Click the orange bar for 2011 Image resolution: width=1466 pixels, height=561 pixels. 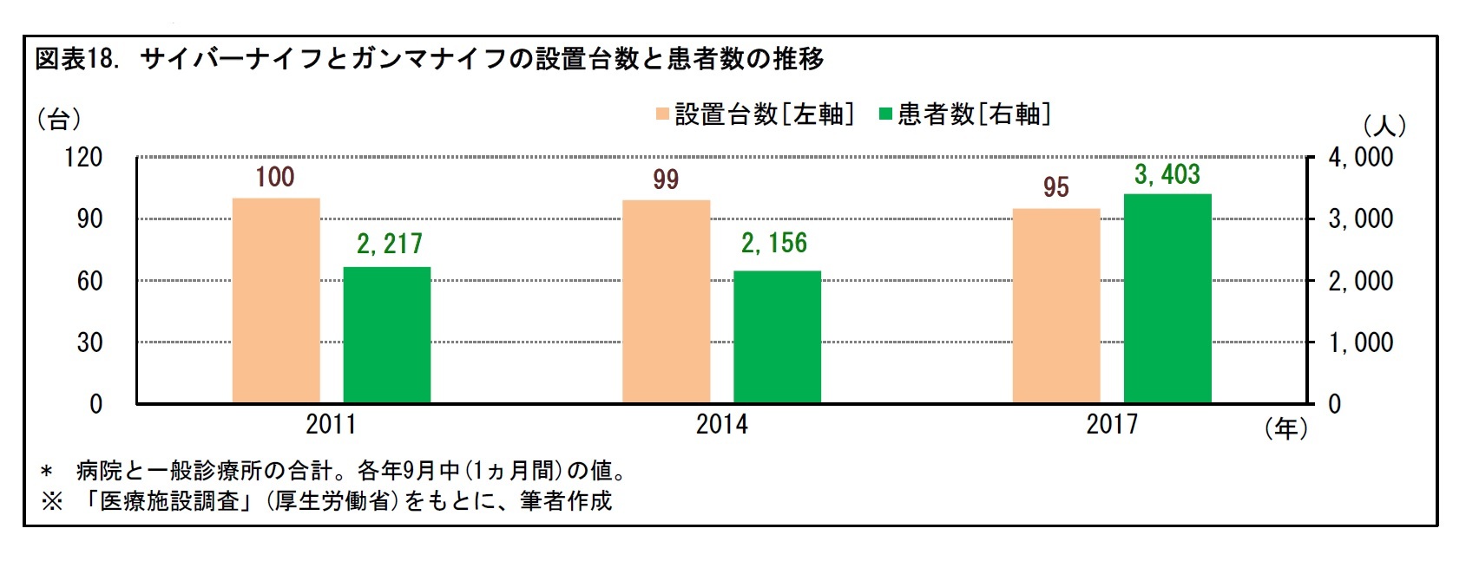click(276, 301)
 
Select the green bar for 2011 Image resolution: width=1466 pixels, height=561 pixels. click(387, 335)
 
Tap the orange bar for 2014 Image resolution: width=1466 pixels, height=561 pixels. click(666, 302)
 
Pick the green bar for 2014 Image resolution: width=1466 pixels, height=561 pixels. click(777, 337)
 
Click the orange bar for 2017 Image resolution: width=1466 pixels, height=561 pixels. click(1056, 306)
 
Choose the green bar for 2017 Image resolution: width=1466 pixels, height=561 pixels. click(1167, 298)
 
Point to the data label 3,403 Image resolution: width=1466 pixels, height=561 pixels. click(1167, 175)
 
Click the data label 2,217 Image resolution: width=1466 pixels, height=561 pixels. click(389, 245)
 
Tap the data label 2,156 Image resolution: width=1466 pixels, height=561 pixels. click(773, 244)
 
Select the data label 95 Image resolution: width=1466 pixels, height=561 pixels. click(1055, 187)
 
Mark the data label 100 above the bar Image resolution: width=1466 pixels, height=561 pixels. click(274, 178)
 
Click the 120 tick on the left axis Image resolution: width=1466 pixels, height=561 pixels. click(83, 158)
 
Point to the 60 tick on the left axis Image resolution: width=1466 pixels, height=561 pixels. click(89, 281)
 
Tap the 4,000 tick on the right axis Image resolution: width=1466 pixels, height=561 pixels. click(1360, 158)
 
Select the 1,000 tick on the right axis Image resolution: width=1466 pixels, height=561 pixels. click(1360, 342)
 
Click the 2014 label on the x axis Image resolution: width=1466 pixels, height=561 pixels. click(721, 424)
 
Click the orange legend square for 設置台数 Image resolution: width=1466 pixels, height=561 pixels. click(662, 114)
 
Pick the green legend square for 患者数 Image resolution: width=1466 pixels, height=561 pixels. click(885, 114)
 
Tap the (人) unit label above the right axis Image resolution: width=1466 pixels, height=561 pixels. click(1384, 127)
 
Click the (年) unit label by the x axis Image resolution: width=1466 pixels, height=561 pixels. click(1285, 428)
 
